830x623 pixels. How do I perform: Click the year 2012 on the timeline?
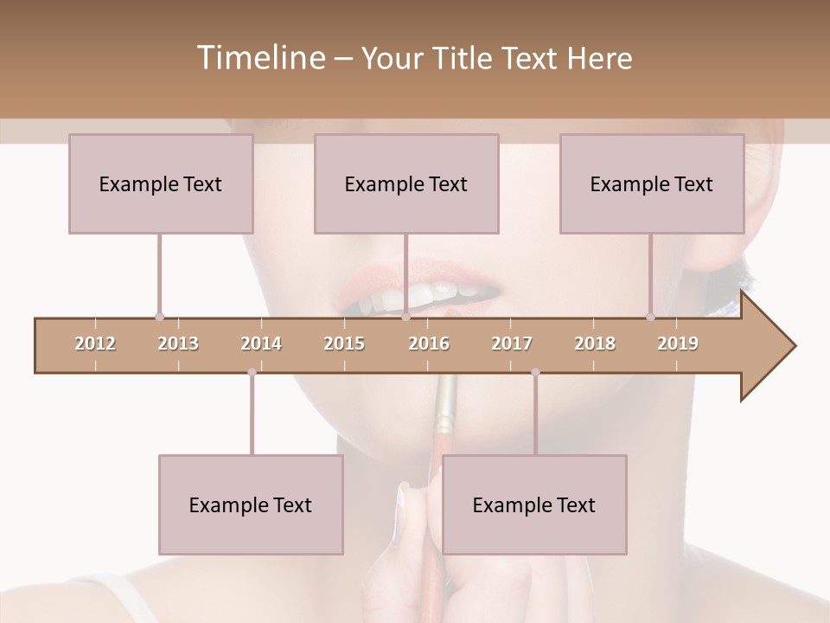pyautogui.click(x=95, y=344)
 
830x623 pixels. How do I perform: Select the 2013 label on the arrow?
pyautogui.click(x=178, y=344)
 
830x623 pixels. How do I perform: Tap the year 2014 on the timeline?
pyautogui.click(x=261, y=344)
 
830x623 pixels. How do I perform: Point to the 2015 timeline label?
pyautogui.click(x=344, y=344)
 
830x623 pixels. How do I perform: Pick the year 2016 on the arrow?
pyautogui.click(x=429, y=344)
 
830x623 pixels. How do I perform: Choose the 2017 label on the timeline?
pyautogui.click(x=512, y=344)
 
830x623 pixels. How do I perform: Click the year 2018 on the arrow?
pyautogui.click(x=595, y=344)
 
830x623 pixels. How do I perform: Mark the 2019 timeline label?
pyautogui.click(x=678, y=344)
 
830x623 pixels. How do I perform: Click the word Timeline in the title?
pyautogui.click(x=259, y=58)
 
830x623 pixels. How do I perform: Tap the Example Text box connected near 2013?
pyautogui.click(x=161, y=183)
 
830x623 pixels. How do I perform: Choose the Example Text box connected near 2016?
pyautogui.click(x=406, y=183)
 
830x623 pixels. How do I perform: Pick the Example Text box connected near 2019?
pyautogui.click(x=652, y=183)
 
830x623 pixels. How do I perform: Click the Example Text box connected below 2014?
pyautogui.click(x=251, y=504)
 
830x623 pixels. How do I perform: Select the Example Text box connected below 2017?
pyautogui.click(x=534, y=504)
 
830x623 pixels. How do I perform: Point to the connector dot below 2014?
pyautogui.click(x=252, y=372)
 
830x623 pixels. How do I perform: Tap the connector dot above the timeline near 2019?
pyautogui.click(x=651, y=317)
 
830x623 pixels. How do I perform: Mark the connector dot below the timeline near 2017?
pyautogui.click(x=535, y=372)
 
